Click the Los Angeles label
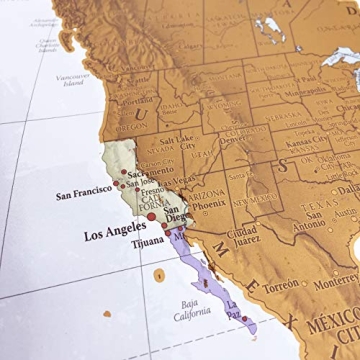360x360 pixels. [x=105, y=236]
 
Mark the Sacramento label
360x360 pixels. [x=144, y=171]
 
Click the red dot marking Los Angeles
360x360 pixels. [x=151, y=215]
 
